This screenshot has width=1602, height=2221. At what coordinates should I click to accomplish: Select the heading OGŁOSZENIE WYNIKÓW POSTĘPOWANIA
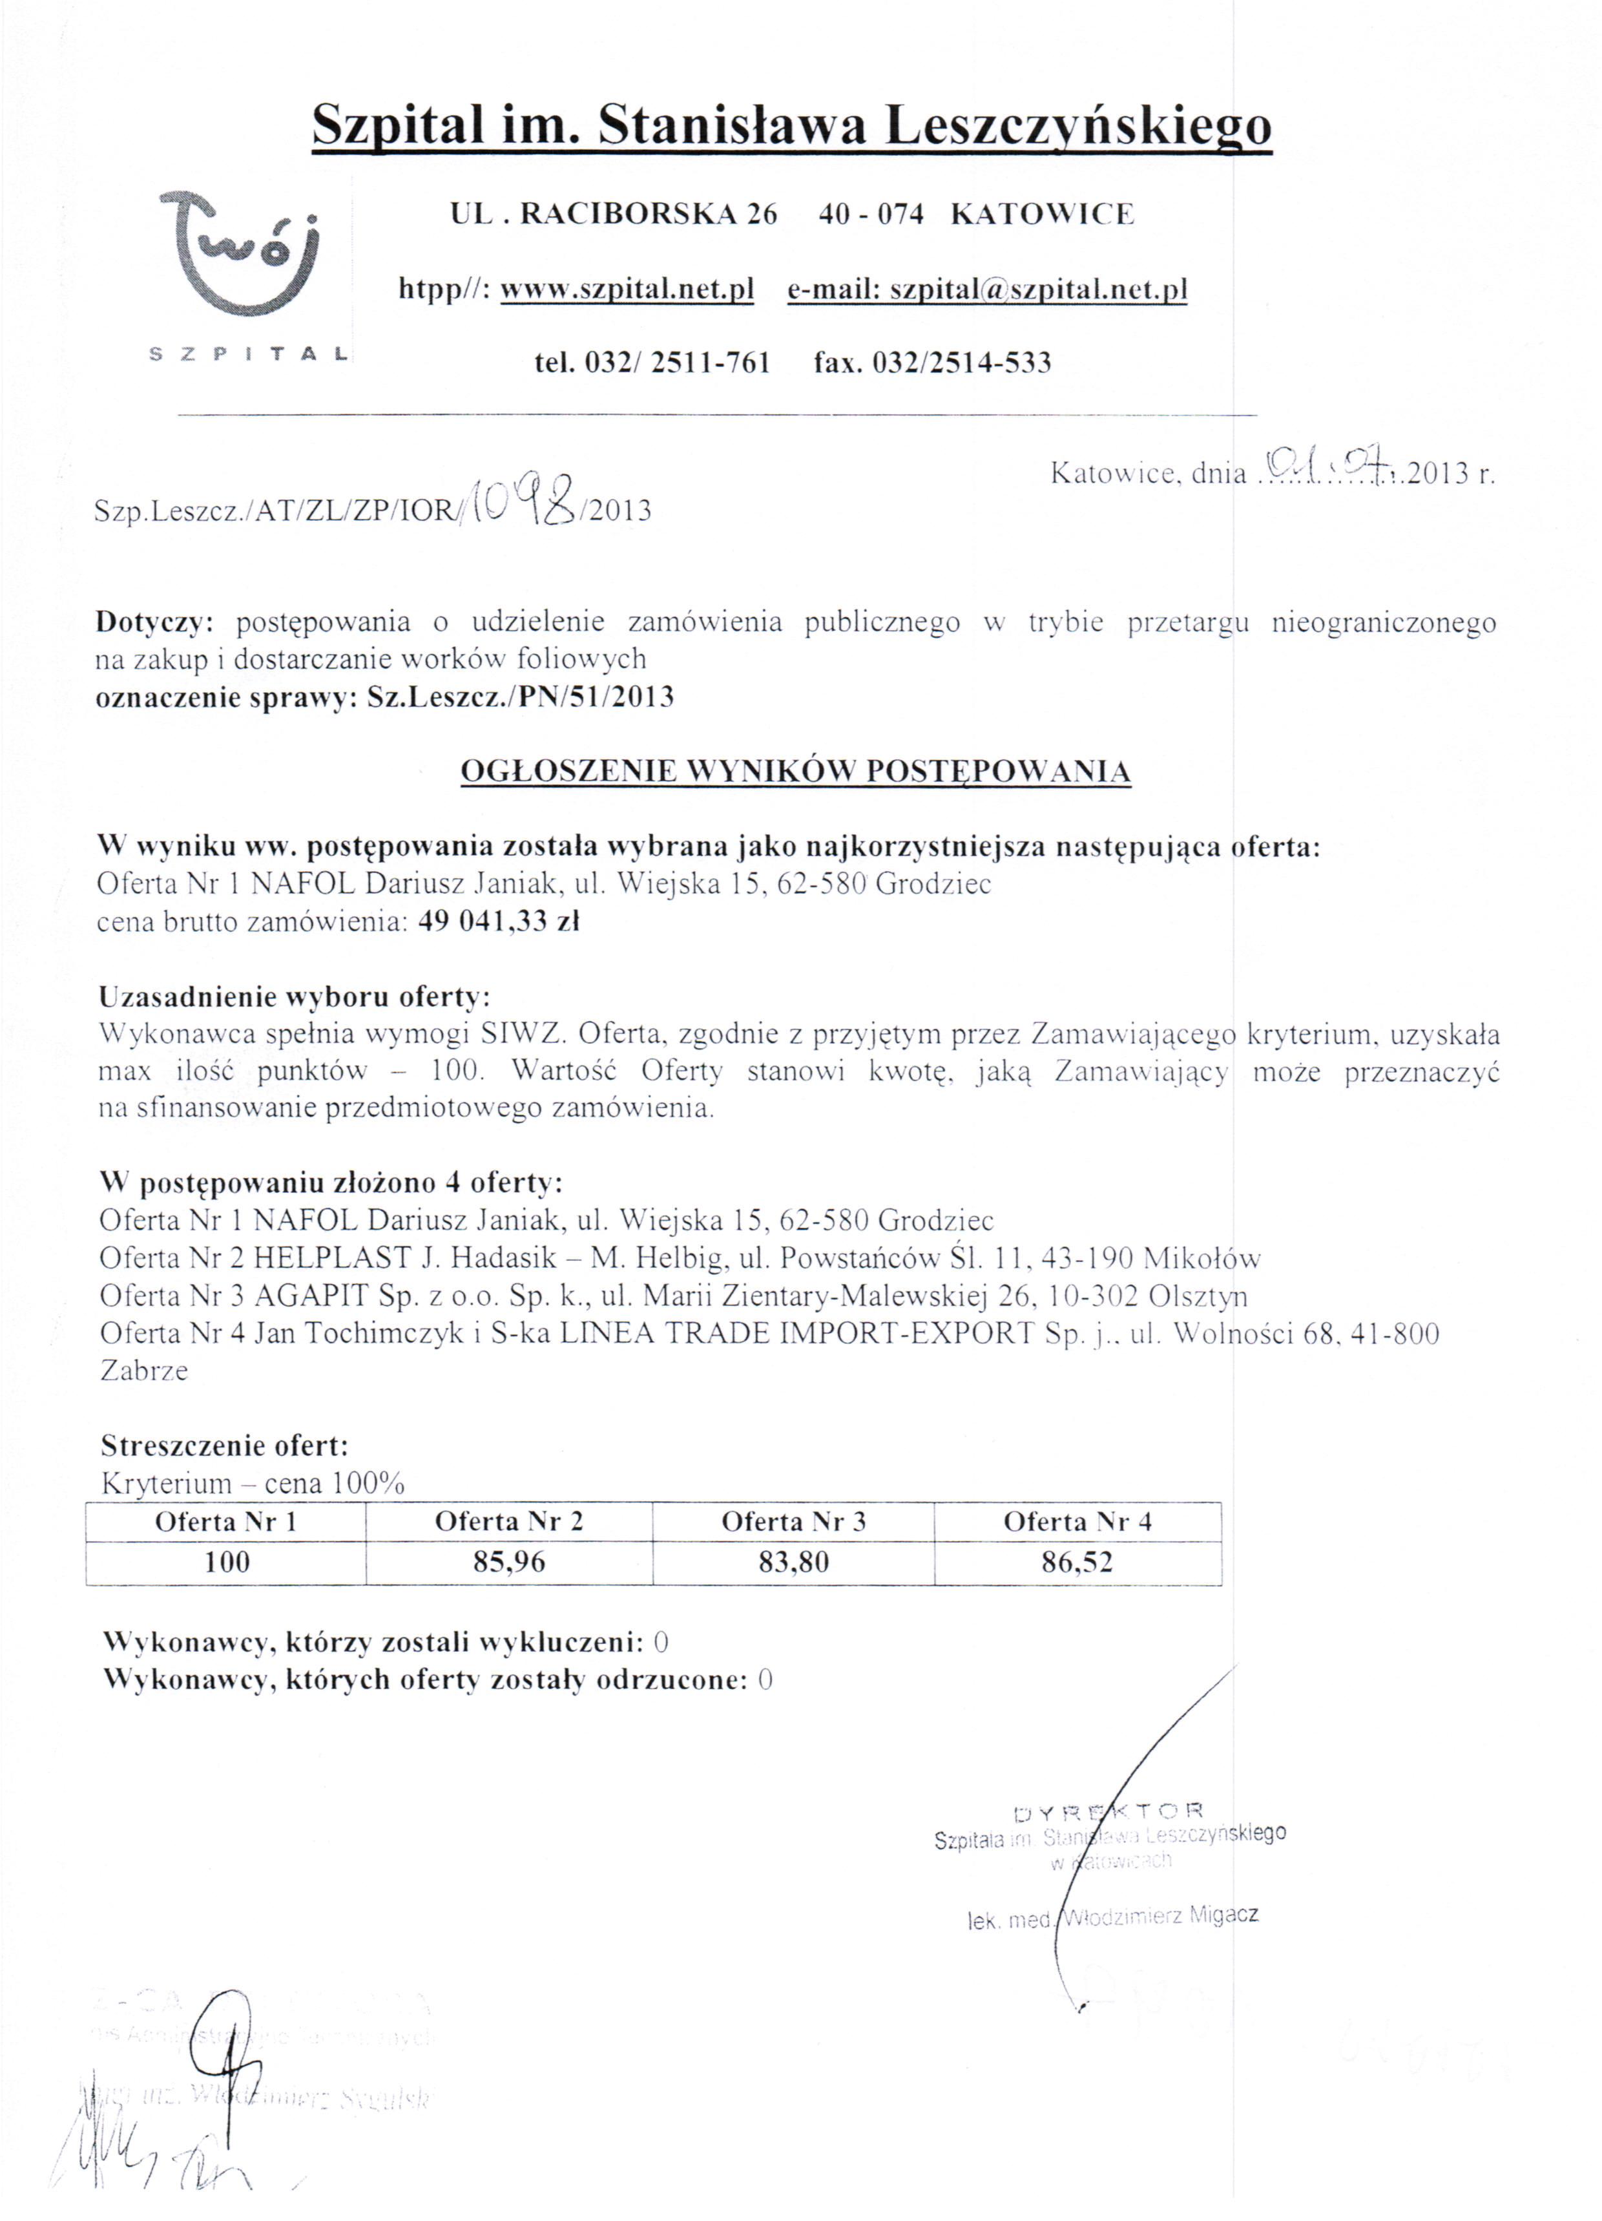pyautogui.click(x=795, y=771)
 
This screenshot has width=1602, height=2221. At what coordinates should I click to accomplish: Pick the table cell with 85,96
pyautogui.click(x=508, y=1561)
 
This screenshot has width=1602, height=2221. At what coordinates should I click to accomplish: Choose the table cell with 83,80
pyautogui.click(x=793, y=1561)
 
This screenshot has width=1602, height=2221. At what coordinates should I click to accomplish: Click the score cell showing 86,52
pyautogui.click(x=1077, y=1561)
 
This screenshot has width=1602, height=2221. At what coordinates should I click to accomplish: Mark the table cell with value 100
pyautogui.click(x=226, y=1561)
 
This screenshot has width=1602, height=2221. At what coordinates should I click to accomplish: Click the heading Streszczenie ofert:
pyautogui.click(x=224, y=1446)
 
